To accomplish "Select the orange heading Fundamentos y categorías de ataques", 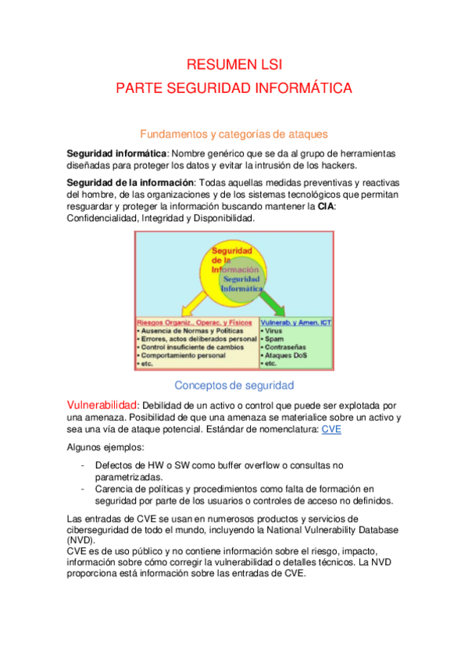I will pyautogui.click(x=234, y=134).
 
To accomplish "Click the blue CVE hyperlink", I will pyautogui.click(x=331, y=429).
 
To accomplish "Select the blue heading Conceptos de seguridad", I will pyautogui.click(x=234, y=385).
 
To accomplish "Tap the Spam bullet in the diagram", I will pyautogui.click(x=273, y=339).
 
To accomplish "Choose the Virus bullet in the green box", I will pyautogui.click(x=273, y=331).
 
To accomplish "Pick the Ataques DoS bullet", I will pyautogui.click(x=282, y=355).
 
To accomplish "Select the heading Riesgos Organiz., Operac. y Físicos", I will pyautogui.click(x=194, y=322).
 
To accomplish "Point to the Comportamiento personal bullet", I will pyautogui.click(x=183, y=355).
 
